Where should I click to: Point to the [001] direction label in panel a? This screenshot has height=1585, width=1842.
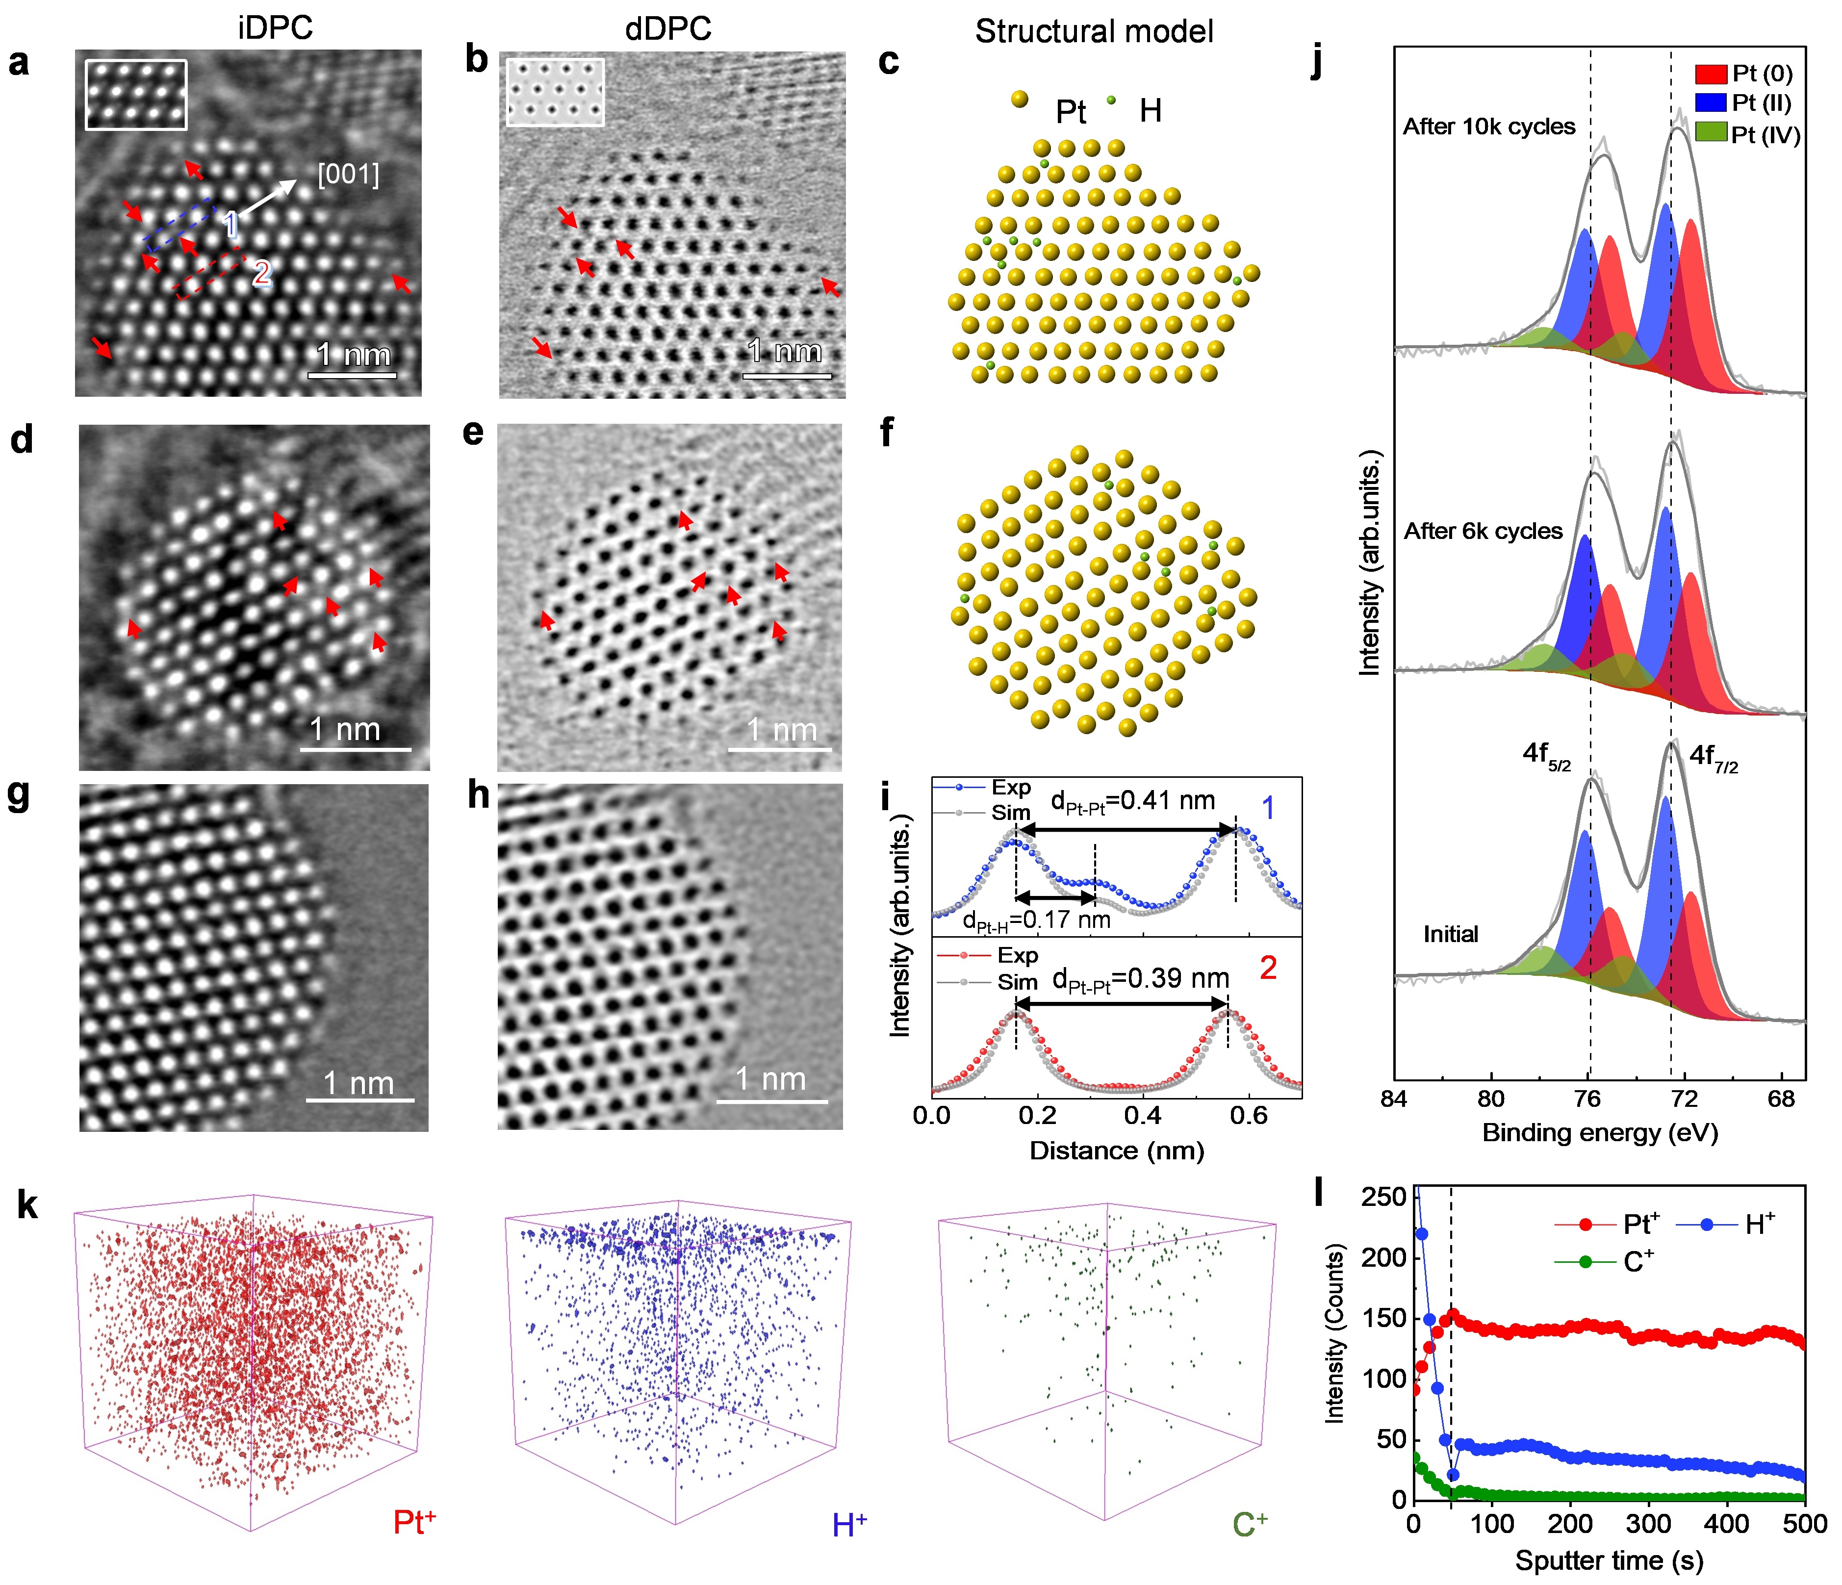pyautogui.click(x=349, y=174)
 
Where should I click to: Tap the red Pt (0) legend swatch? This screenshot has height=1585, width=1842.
pyautogui.click(x=1711, y=74)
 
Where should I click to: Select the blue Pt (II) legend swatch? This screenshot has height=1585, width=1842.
pyautogui.click(x=1711, y=103)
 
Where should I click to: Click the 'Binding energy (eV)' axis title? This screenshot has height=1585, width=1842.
pyautogui.click(x=1600, y=1132)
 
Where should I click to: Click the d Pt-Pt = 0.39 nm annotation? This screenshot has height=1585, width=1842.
pyautogui.click(x=1141, y=979)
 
